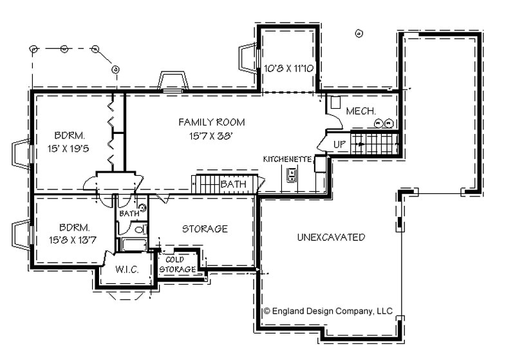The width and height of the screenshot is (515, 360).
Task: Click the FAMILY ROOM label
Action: click(x=203, y=122)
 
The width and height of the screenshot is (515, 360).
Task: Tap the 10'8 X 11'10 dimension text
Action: click(x=289, y=68)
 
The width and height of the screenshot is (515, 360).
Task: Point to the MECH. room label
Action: click(x=360, y=112)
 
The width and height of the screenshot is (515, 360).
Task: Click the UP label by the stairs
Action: click(x=340, y=143)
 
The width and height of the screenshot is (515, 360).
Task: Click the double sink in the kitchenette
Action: click(x=292, y=175)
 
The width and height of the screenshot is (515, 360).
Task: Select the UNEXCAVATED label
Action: click(x=331, y=237)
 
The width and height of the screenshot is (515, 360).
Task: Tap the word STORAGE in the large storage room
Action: click(x=205, y=229)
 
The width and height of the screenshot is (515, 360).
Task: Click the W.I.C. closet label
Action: click(x=127, y=269)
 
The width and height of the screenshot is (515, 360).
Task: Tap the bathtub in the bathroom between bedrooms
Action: click(x=133, y=245)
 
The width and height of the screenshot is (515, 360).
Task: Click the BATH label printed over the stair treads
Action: click(x=233, y=184)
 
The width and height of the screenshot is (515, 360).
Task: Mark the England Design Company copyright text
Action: click(x=328, y=310)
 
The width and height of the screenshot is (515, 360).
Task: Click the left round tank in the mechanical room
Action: click(x=380, y=123)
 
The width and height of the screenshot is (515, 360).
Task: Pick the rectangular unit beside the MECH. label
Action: click(x=335, y=102)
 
